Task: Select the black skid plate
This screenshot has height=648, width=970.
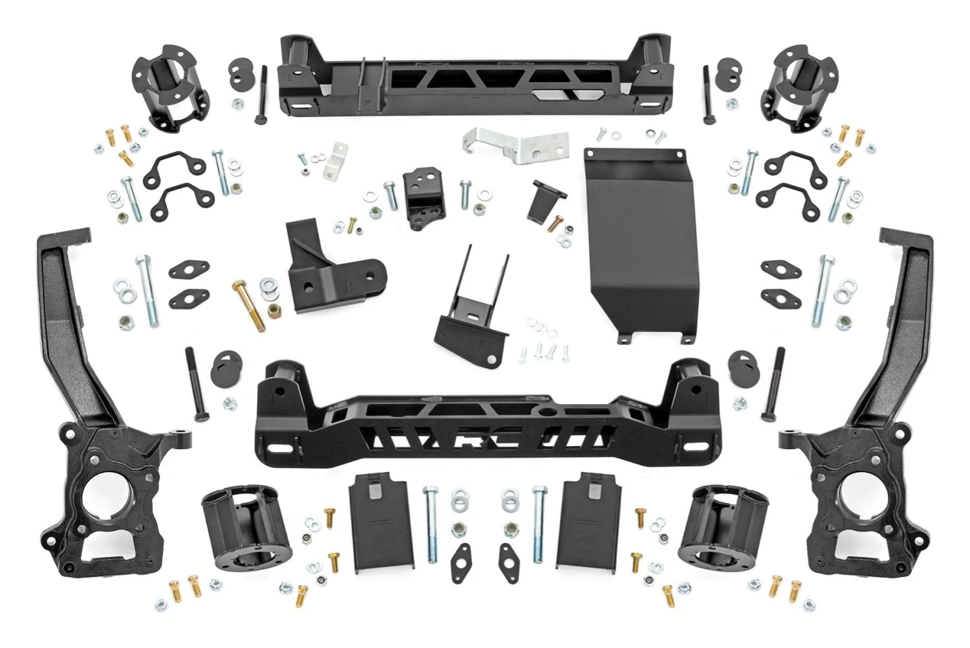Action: coord(634,246)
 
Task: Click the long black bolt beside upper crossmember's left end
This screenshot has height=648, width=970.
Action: coord(261,94)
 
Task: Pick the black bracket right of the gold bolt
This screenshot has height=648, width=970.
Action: coord(327,265)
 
